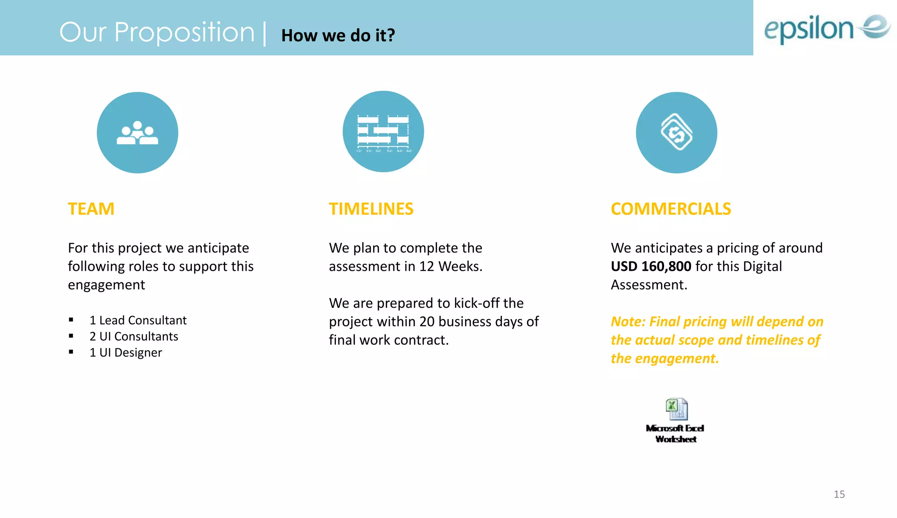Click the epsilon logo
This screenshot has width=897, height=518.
tap(826, 28)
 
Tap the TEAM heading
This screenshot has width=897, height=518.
tap(91, 209)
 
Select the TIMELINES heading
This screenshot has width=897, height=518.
tap(371, 209)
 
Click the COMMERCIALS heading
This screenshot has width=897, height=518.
tap(671, 209)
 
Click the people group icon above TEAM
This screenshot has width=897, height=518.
tap(138, 133)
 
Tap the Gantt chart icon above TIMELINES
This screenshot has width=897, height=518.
tap(383, 132)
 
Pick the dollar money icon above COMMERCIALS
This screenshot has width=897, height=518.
tap(676, 133)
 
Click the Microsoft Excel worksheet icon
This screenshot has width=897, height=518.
tap(676, 409)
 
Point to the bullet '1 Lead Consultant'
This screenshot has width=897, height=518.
tap(138, 320)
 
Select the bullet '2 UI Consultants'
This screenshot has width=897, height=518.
tap(134, 337)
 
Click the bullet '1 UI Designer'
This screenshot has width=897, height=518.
tap(126, 353)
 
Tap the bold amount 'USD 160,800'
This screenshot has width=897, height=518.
tap(651, 266)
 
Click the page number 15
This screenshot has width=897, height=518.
tap(839, 494)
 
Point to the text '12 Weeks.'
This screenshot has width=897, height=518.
tap(451, 266)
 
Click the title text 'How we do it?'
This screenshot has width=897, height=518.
tap(338, 35)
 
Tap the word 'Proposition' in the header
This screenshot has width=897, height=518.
tap(184, 32)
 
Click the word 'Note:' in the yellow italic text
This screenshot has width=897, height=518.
tap(628, 322)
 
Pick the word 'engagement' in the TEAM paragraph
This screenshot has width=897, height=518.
tap(106, 285)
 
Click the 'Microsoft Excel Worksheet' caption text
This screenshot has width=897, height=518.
tap(675, 433)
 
